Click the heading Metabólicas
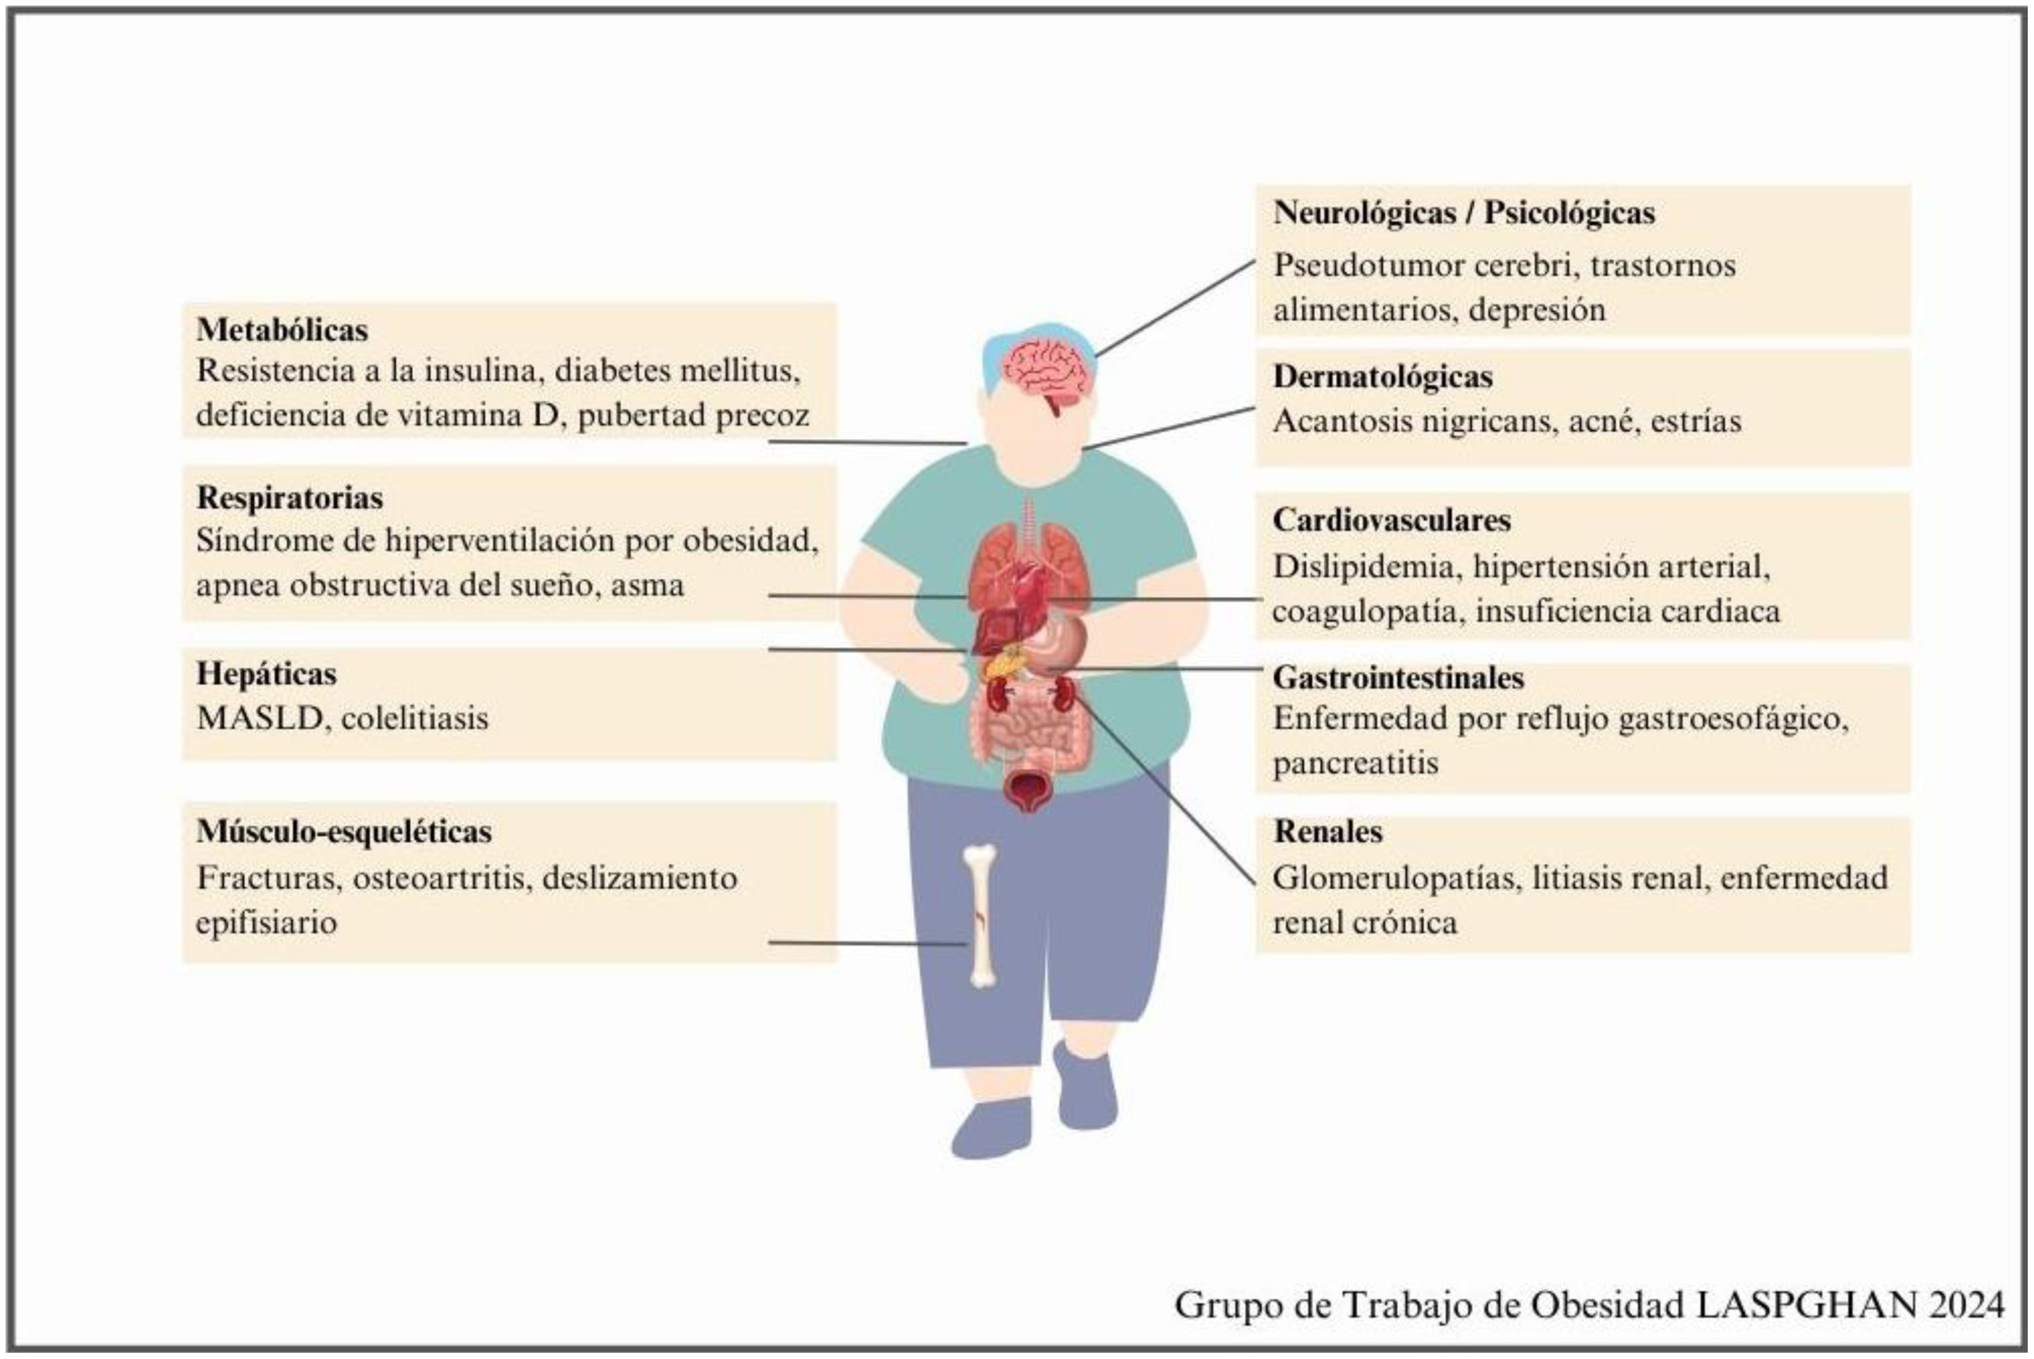tap(281, 330)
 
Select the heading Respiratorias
tap(290, 499)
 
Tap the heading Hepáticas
tap(266, 674)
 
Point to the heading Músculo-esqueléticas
tap(343, 832)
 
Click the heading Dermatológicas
tap(1382, 377)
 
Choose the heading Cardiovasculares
tap(1391, 521)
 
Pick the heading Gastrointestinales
tap(1398, 678)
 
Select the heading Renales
tap(1327, 832)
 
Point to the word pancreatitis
tap(1355, 763)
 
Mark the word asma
tap(647, 586)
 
